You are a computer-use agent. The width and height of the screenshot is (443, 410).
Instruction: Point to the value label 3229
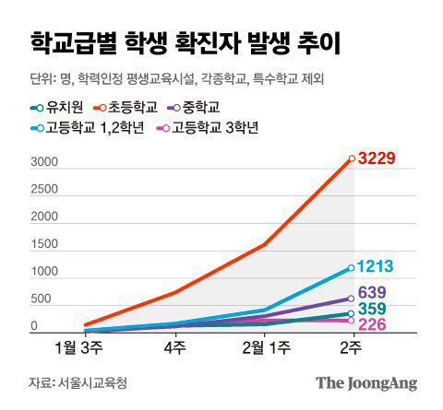point(377,158)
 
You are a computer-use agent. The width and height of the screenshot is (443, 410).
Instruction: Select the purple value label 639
point(372,293)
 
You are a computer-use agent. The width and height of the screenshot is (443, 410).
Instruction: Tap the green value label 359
point(372,310)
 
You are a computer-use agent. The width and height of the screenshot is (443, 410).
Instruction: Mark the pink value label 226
point(372,324)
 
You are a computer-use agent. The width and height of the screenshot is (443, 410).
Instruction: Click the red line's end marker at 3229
point(352,158)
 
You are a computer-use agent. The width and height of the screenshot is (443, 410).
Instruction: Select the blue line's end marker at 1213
point(352,268)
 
